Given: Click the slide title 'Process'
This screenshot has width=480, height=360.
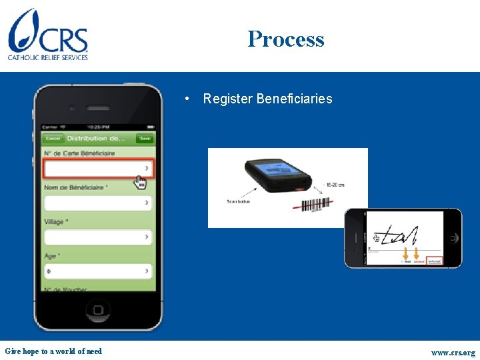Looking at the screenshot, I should point(286,39).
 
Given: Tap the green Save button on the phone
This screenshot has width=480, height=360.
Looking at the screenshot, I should point(144,139).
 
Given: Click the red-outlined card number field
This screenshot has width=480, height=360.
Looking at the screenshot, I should point(98,169).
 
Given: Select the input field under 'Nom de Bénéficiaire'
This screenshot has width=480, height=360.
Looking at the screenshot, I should point(98,203).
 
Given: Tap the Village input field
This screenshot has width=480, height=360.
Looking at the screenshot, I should point(98,237).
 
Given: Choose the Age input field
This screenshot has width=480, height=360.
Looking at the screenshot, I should point(98,271).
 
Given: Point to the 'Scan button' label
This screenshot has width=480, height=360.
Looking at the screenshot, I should point(238,201).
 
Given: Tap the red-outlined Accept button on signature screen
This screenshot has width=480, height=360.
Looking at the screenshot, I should point(435,261).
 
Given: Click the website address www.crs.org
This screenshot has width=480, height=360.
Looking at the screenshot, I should point(453,352).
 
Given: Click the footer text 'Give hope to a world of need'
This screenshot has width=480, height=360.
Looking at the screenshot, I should point(53,351).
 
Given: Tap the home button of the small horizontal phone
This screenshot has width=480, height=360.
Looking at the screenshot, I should point(453,238).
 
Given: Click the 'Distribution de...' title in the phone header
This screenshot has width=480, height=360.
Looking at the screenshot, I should point(96,139).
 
